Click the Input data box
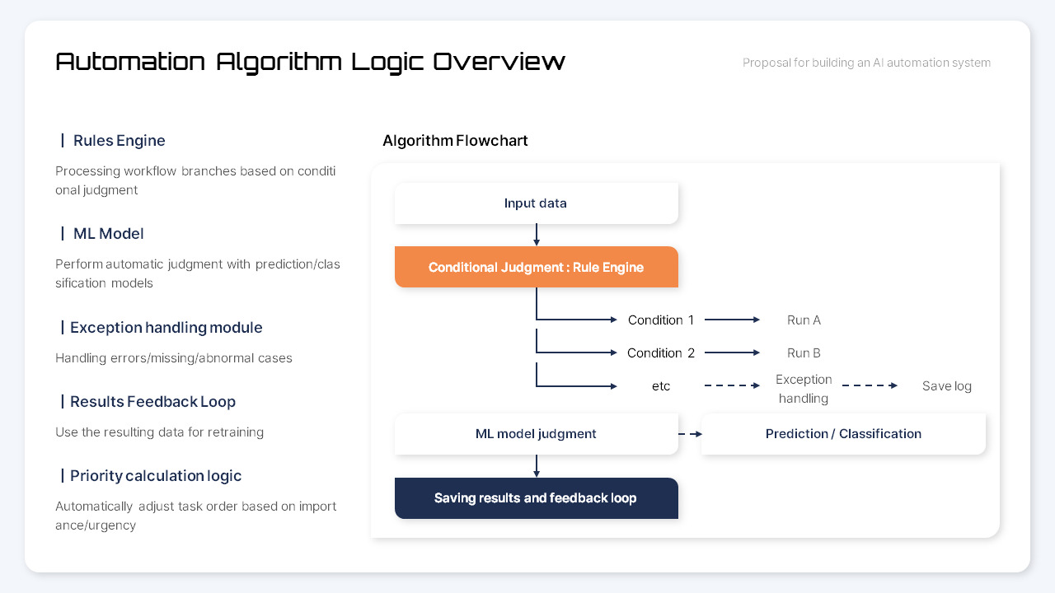[536, 203]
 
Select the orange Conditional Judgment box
[536, 267]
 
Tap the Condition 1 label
[661, 320]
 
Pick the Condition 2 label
[661, 353]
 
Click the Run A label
[804, 320]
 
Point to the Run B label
[804, 353]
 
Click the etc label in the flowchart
[661, 385]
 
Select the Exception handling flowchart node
[804, 389]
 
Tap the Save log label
[946, 385]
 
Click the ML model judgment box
[536, 434]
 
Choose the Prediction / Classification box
[843, 434]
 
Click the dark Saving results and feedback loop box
[536, 498]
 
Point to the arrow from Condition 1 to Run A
[732, 320]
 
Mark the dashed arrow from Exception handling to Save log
[870, 385]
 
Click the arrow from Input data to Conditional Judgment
[537, 235]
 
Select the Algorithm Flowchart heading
[455, 141]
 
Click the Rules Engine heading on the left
[119, 141]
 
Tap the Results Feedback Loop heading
[152, 402]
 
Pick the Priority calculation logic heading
[156, 476]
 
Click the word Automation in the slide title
[130, 62]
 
